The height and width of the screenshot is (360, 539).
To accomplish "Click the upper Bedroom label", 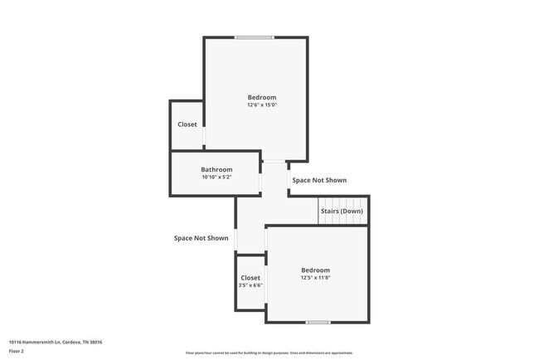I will pyautogui.click(x=261, y=97).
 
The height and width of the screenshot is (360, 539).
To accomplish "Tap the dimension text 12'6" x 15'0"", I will pyautogui.click(x=261, y=105).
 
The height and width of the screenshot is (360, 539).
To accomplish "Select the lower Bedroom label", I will pyautogui.click(x=315, y=270).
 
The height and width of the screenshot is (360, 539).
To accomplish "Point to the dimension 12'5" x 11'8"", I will pyautogui.click(x=315, y=278).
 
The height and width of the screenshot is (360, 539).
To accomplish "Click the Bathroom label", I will pyautogui.click(x=216, y=169).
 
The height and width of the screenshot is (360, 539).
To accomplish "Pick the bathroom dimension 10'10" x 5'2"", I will pyautogui.click(x=216, y=177).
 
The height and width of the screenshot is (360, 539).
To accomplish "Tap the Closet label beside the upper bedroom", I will pyautogui.click(x=187, y=124).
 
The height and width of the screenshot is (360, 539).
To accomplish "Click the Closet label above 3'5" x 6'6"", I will pyautogui.click(x=250, y=278).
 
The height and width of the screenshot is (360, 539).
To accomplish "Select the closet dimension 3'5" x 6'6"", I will pyautogui.click(x=250, y=285).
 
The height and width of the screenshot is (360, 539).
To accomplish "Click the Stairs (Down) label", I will pyautogui.click(x=342, y=211).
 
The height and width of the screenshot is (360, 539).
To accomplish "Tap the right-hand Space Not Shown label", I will pyautogui.click(x=319, y=180).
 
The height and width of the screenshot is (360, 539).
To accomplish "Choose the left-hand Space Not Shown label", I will pyautogui.click(x=201, y=238).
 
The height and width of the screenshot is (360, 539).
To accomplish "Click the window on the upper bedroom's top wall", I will pyautogui.click(x=254, y=37).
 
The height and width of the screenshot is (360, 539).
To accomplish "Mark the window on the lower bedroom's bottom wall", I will pyautogui.click(x=318, y=322).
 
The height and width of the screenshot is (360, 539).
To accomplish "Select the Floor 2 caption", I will pyautogui.click(x=17, y=351).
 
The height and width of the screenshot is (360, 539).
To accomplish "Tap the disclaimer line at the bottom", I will pyautogui.click(x=269, y=353).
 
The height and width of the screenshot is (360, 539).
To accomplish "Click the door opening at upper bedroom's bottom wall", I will pyautogui.click(x=274, y=162).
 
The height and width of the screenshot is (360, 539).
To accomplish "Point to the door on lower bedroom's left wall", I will pyautogui.click(x=266, y=240).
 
